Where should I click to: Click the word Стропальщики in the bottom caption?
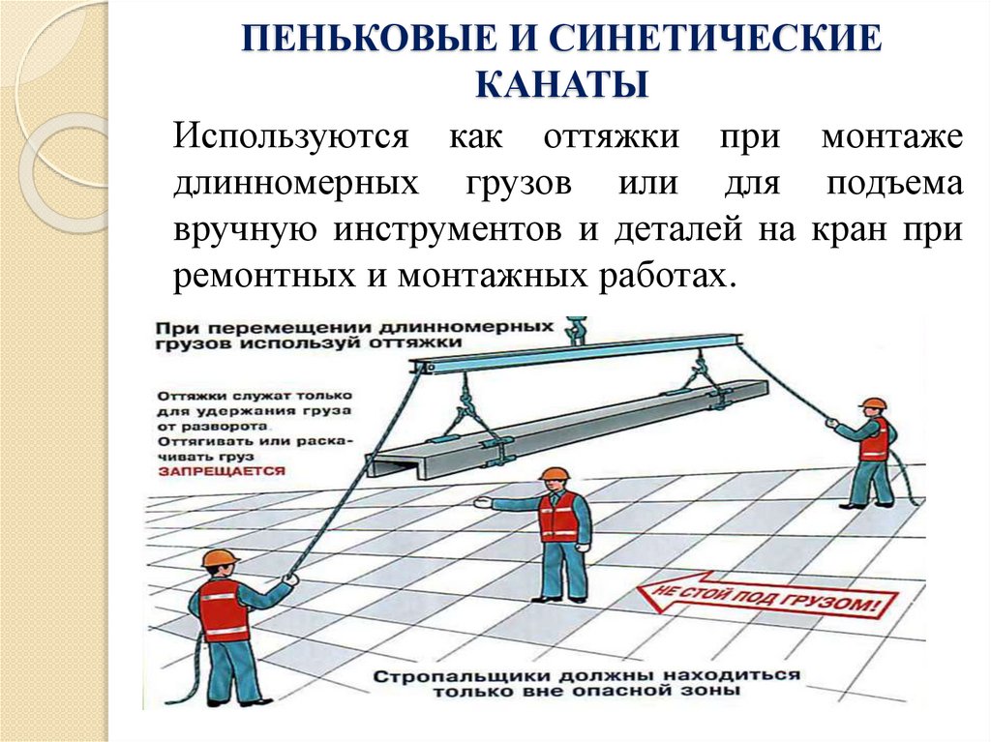tap(457, 675)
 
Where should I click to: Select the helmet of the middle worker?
tap(555, 474)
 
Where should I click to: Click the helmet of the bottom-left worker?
tap(220, 558)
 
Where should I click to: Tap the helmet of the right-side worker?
tap(873, 403)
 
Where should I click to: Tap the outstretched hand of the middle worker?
tap(481, 503)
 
